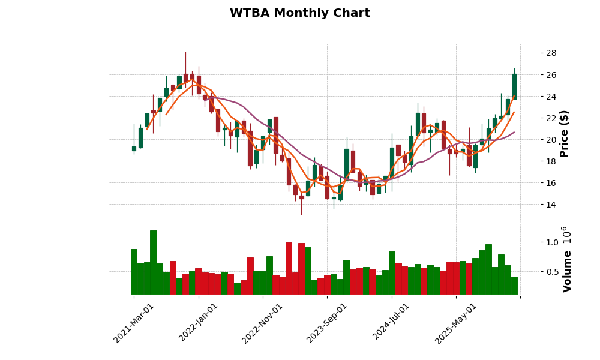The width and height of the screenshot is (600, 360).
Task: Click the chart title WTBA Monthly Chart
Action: point(299,13)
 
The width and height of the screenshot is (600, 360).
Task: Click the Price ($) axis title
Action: point(564,133)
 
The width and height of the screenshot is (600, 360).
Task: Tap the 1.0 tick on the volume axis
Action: point(552,242)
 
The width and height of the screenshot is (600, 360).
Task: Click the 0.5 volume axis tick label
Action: point(552,272)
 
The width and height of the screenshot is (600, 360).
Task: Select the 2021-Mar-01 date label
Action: point(134,323)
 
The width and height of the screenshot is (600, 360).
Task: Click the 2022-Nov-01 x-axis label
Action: point(263,323)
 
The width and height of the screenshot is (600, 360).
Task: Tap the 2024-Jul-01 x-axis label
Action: point(392,323)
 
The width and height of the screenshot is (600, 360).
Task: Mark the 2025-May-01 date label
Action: point(456,323)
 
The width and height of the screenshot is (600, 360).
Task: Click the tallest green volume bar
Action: point(154,262)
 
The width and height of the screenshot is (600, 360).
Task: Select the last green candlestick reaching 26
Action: point(514,86)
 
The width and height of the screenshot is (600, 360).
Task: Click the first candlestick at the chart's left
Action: point(134,148)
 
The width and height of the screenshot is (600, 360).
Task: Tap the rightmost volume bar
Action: point(514,286)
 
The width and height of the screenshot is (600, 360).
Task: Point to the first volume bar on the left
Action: point(134,272)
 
